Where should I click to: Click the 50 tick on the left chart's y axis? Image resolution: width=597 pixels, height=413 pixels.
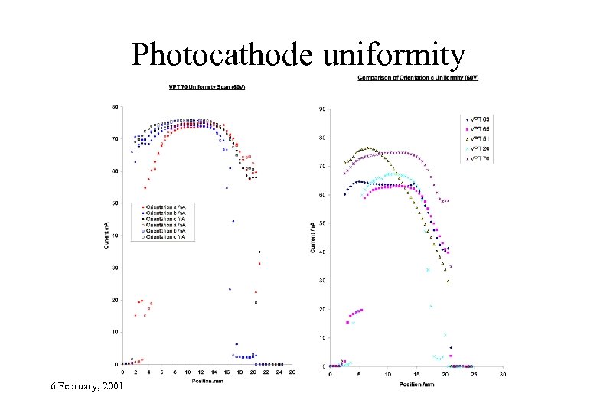click(x=116, y=203)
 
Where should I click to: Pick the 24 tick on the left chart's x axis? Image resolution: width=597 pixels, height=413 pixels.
click(x=279, y=372)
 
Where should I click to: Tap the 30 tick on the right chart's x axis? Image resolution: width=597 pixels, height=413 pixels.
click(x=503, y=374)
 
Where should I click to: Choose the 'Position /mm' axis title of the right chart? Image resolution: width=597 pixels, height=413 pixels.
click(x=416, y=383)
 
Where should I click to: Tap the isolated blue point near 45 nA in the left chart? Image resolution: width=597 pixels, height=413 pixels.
click(x=233, y=221)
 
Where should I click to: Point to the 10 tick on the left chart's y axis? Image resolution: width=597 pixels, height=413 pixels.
click(x=116, y=332)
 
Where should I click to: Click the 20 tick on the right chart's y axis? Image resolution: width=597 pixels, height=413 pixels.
click(x=323, y=309)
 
